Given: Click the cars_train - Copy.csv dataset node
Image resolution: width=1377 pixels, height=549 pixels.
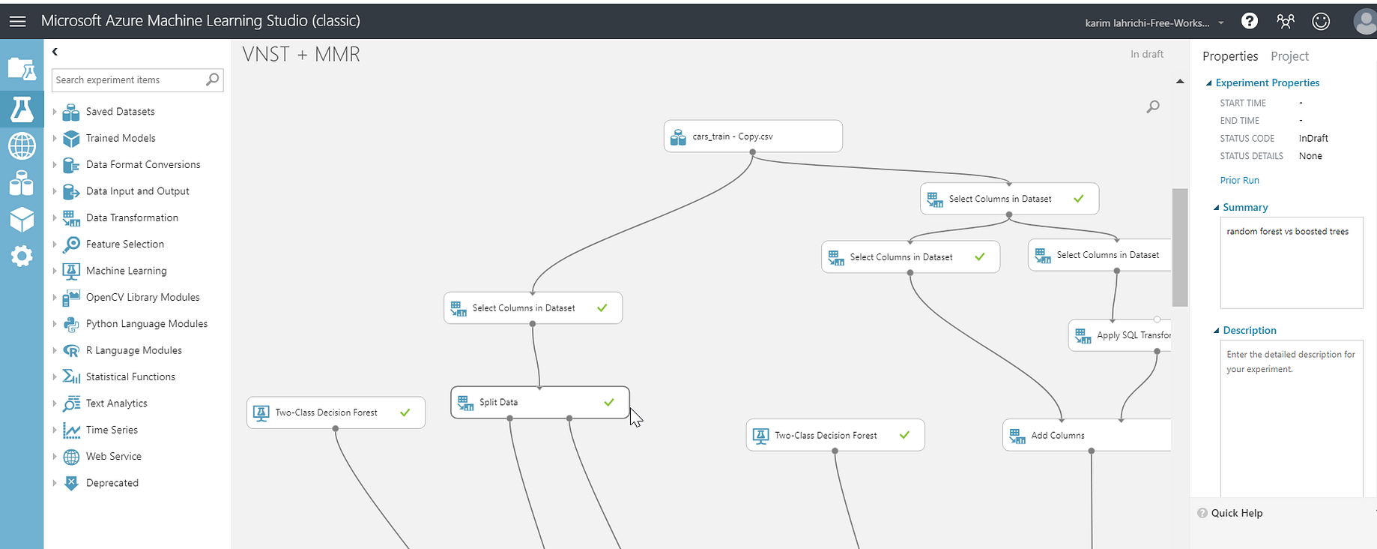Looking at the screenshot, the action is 753,136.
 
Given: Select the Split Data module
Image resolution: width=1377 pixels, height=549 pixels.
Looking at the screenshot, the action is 540,402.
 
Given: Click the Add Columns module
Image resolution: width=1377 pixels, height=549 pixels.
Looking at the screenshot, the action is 1086,435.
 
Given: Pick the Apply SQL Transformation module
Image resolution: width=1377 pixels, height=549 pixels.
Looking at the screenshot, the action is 1120,335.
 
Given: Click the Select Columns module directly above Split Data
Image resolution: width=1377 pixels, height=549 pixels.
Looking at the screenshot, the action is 533,308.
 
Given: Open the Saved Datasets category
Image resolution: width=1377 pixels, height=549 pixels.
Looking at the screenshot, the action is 120,112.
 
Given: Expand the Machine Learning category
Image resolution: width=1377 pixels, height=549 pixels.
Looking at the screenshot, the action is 126,271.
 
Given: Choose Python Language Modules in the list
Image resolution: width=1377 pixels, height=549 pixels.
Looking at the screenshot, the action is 146,324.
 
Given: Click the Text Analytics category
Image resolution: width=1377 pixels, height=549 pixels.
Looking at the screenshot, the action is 116,403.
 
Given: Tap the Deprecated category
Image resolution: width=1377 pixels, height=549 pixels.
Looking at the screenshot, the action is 112,483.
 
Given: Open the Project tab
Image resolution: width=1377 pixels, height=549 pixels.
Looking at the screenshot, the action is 1289,56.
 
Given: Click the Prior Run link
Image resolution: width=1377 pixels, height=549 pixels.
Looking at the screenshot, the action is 1239,181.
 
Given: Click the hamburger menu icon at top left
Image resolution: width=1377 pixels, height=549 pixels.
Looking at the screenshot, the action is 17,21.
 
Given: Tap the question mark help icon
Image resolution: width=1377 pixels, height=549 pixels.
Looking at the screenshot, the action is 1250,21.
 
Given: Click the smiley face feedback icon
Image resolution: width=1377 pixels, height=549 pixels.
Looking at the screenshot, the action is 1321,22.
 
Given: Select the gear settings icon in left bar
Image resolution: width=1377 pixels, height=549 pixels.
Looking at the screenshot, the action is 22,256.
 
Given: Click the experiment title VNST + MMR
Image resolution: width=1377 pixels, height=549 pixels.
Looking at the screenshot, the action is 301,55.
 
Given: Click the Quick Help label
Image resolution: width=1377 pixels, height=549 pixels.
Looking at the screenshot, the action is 1236,513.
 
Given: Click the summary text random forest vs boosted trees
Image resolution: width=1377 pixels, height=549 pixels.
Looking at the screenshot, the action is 1287,232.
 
